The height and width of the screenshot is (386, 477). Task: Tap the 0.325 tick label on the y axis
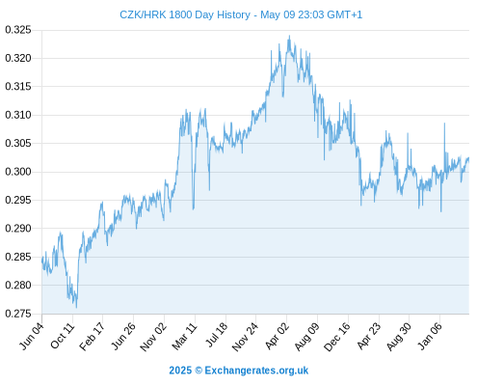18,30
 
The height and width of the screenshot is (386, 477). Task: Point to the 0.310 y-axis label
18,115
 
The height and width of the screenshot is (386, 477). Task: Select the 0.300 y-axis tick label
18,172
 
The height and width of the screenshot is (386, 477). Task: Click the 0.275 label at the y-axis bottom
18,314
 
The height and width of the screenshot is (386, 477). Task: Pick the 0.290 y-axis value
18,229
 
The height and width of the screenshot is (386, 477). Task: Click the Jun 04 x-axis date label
31,336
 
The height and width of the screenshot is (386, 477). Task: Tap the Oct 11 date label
62,336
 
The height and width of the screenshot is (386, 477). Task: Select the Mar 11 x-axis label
184,336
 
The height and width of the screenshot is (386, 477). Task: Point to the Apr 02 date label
277,336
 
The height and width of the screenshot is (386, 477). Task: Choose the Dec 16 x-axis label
336,337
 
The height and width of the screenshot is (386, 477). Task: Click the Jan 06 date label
429,336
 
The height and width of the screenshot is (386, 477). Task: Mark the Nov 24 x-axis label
245,337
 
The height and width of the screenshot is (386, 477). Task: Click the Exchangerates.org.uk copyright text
239,371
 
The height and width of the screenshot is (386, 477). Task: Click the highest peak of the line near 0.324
289,36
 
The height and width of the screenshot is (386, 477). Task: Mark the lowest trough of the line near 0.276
76,308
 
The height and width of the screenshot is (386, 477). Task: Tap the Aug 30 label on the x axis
399,337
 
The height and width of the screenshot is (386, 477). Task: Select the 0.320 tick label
18,58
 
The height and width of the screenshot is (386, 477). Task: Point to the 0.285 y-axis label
18,257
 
